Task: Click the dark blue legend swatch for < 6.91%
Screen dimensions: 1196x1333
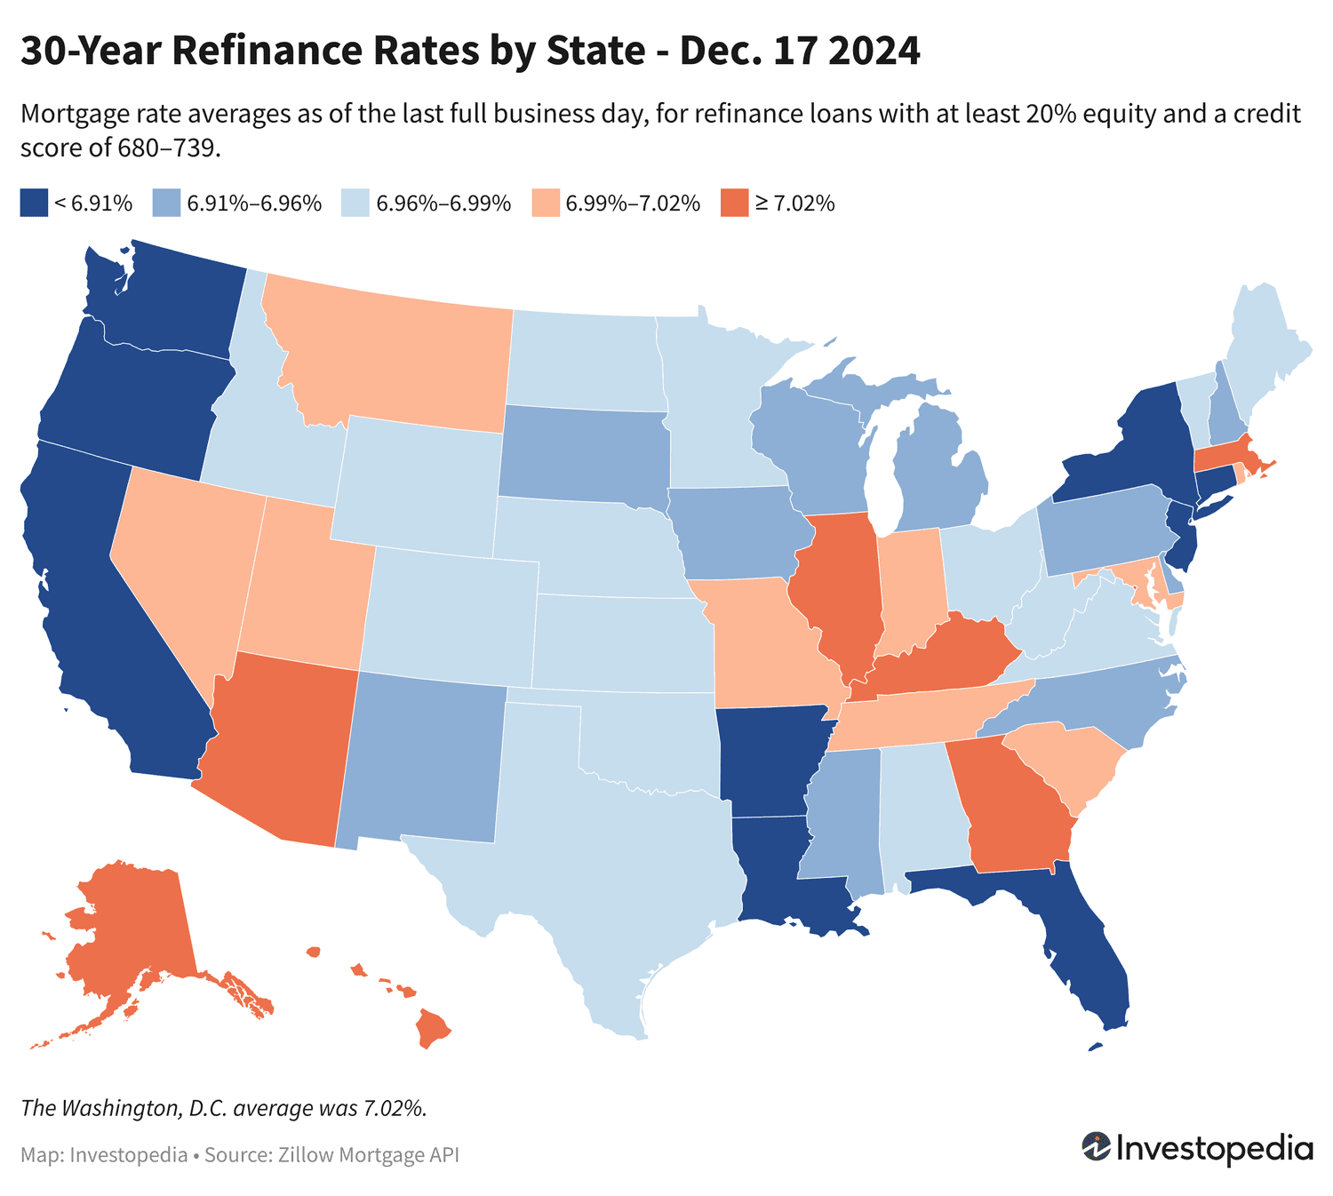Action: [x=34, y=203]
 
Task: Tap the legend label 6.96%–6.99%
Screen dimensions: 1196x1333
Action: [x=443, y=203]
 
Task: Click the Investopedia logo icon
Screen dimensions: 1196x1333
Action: [x=1096, y=1146]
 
